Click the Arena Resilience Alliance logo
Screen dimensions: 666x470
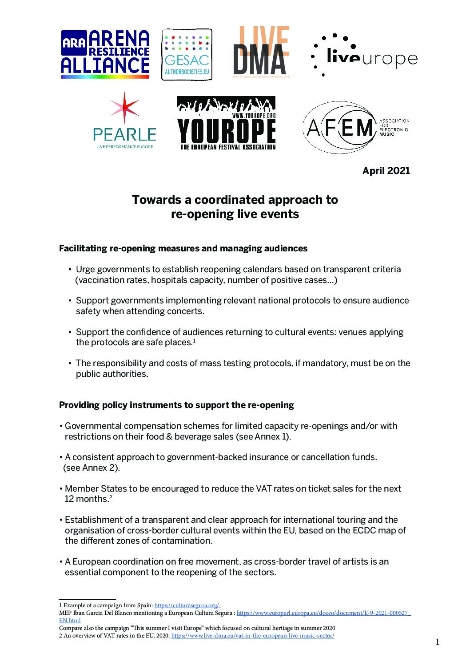coord(105,54)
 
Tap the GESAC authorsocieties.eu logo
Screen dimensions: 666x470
coord(187,55)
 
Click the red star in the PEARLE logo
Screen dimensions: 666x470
coord(125,108)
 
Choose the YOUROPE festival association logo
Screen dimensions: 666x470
coord(227,123)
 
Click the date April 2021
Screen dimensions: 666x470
coord(386,171)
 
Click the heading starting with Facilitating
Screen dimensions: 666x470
coord(183,248)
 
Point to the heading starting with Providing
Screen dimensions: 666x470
coord(176,405)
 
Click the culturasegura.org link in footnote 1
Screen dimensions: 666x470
coord(187,605)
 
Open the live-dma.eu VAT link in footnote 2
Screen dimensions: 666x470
coord(252,636)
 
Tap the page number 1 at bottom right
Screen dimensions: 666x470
coord(437,642)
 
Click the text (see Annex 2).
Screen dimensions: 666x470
coord(92,468)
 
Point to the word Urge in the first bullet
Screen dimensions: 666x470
coord(85,270)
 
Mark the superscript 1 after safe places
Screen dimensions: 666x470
coord(195,341)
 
